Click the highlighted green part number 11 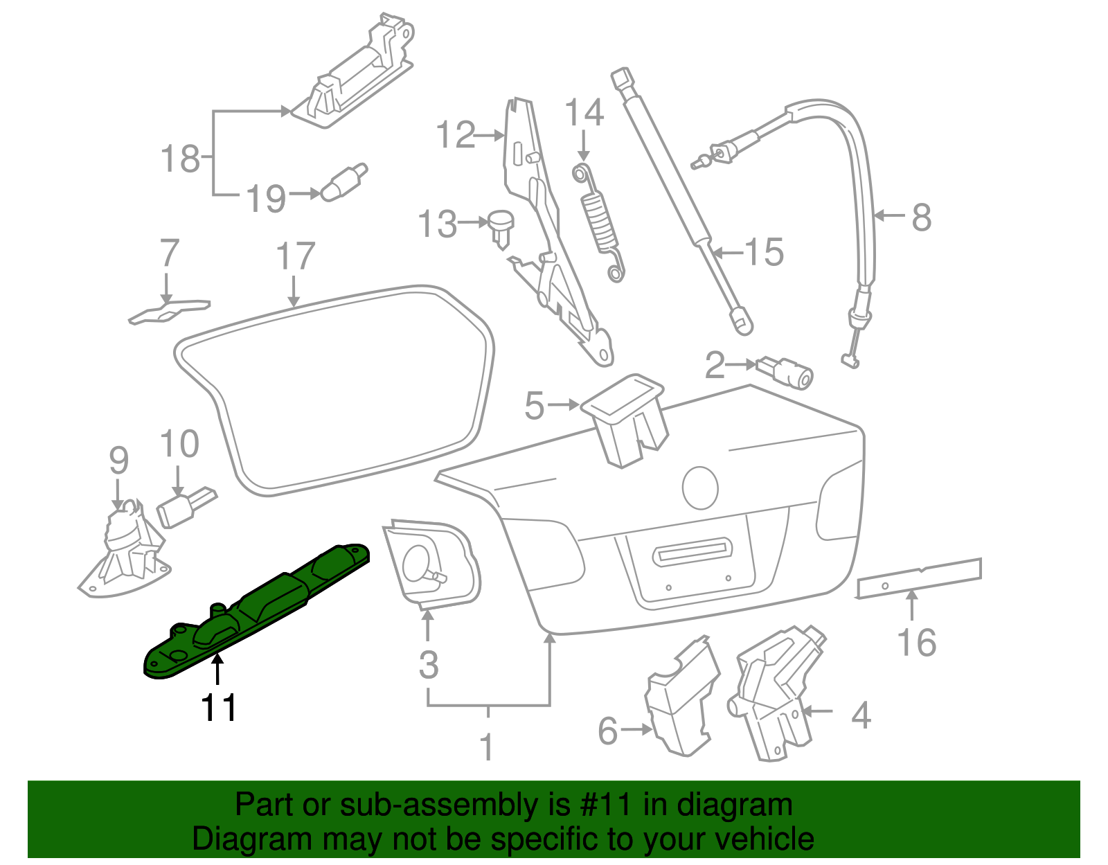(x=256, y=609)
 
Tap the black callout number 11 (x=218, y=708)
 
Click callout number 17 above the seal (x=295, y=256)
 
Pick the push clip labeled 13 (x=501, y=226)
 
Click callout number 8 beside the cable (x=921, y=217)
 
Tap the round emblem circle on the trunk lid (x=700, y=488)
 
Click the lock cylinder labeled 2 (x=787, y=372)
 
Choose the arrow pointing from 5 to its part (x=563, y=404)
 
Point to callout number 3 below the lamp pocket (x=429, y=665)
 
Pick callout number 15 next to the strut (x=765, y=252)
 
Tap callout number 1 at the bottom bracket (x=488, y=747)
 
